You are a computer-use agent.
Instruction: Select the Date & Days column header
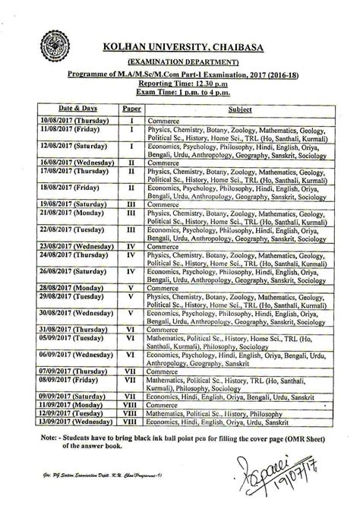click(74, 110)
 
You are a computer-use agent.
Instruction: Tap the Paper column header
click(131, 110)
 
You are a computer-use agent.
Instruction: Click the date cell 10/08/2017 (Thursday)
click(74, 121)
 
